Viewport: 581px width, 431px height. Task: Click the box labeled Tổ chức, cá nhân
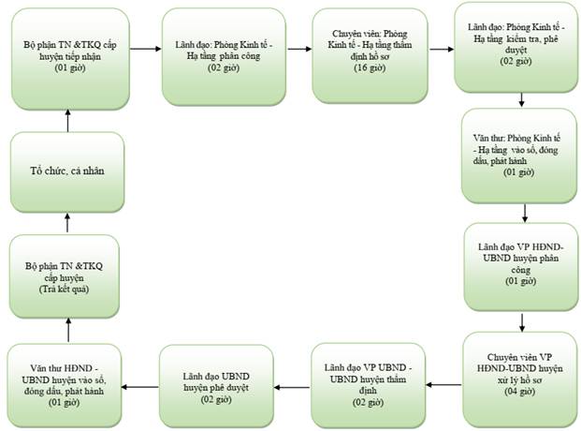[67, 172]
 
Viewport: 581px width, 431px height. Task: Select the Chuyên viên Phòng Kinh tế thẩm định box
[370, 55]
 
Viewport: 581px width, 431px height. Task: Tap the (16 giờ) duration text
[370, 68]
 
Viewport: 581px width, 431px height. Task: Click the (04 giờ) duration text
[519, 392]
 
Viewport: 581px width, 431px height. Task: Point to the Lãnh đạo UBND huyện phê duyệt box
[216, 386]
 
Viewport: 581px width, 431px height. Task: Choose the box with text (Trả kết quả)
[65, 276]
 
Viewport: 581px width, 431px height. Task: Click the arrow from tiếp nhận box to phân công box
[146, 49]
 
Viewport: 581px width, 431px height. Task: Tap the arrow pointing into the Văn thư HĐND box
[139, 387]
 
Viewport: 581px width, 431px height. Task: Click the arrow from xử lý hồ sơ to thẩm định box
[443, 384]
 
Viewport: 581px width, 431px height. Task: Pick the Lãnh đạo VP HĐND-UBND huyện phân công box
[520, 267]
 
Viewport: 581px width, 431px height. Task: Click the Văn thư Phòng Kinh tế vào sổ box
[519, 156]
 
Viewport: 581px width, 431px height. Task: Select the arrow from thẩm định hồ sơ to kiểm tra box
[442, 49]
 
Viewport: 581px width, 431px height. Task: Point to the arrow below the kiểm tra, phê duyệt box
[521, 99]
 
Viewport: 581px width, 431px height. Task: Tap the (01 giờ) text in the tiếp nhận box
[70, 68]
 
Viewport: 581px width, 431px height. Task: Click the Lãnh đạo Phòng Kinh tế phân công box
[224, 56]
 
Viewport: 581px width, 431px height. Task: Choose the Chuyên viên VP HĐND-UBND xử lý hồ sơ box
[520, 379]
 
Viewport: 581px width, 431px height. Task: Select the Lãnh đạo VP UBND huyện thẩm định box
[369, 385]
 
